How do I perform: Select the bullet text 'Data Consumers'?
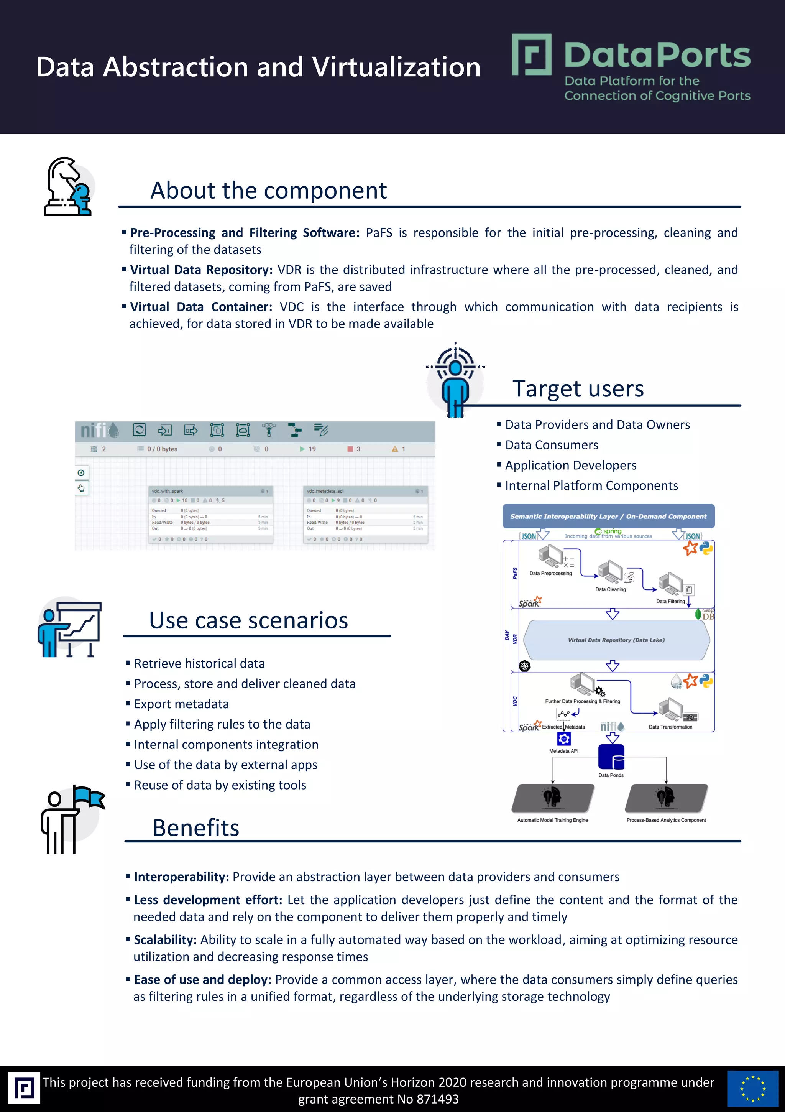point(552,445)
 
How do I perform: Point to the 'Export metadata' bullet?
point(181,704)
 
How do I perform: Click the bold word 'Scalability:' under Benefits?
point(165,940)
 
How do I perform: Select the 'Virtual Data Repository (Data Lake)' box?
point(616,640)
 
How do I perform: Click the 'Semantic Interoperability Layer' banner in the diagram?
point(608,516)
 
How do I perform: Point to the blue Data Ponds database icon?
point(611,757)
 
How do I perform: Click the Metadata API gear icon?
point(564,739)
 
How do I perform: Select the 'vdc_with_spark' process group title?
point(168,491)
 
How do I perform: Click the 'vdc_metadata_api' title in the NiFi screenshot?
point(325,491)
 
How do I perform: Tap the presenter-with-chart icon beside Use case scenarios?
point(70,628)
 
